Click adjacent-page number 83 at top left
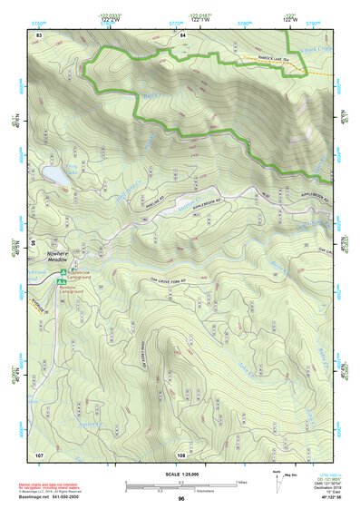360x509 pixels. click(39, 34)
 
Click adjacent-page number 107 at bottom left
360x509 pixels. click(39, 454)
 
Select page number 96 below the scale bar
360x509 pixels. click(180, 498)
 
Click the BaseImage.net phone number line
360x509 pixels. click(49, 496)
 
